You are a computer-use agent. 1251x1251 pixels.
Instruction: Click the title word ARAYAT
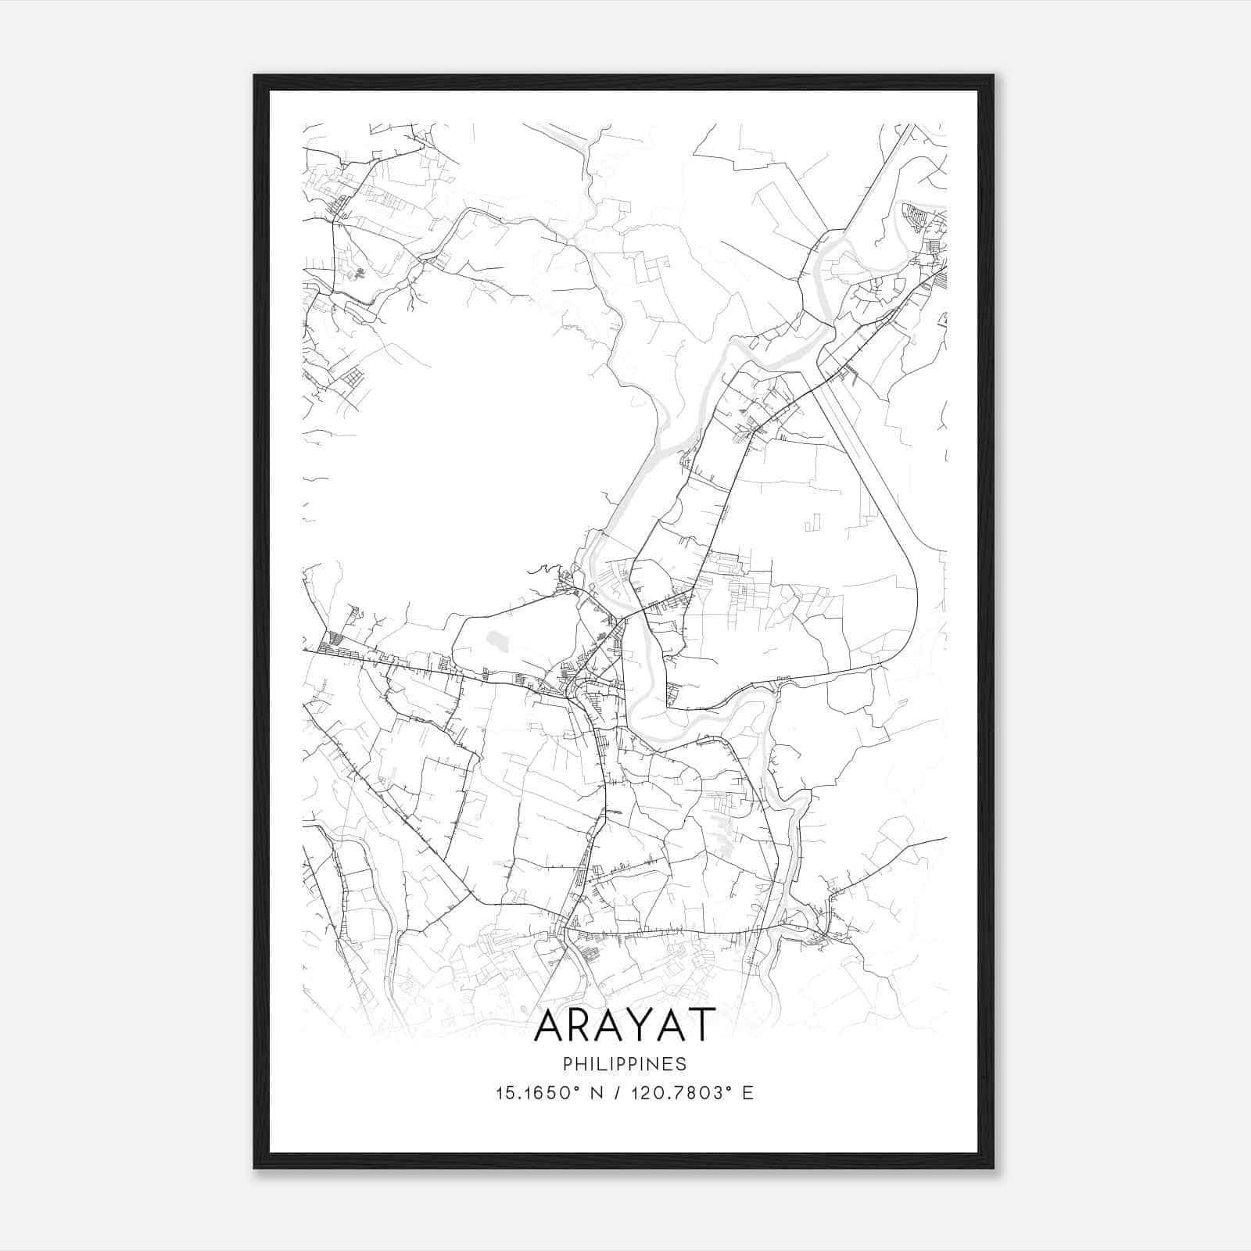click(625, 1024)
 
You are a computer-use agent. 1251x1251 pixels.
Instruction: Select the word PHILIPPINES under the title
click(625, 1064)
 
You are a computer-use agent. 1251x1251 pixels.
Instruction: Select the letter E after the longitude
click(748, 1093)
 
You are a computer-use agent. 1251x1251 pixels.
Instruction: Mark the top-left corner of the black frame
click(255, 77)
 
